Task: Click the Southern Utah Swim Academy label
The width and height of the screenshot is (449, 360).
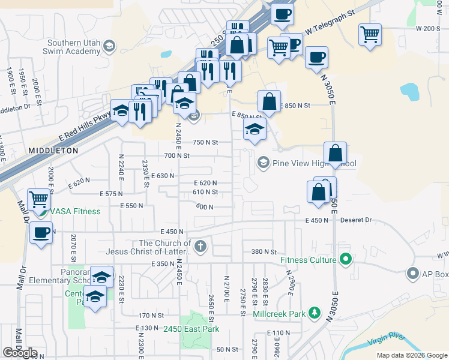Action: pos(65,47)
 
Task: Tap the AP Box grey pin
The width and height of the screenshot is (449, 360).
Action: pos(412,274)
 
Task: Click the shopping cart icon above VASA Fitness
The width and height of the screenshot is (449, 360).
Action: pos(38,199)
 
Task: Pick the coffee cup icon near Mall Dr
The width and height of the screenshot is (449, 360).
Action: pos(41,232)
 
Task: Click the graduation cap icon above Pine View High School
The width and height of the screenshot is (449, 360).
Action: pos(255,129)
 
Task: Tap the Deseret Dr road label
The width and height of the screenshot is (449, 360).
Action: pos(355,220)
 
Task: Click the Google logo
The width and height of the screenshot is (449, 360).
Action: pos(20,353)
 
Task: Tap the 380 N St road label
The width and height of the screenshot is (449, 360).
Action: pos(264,252)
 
